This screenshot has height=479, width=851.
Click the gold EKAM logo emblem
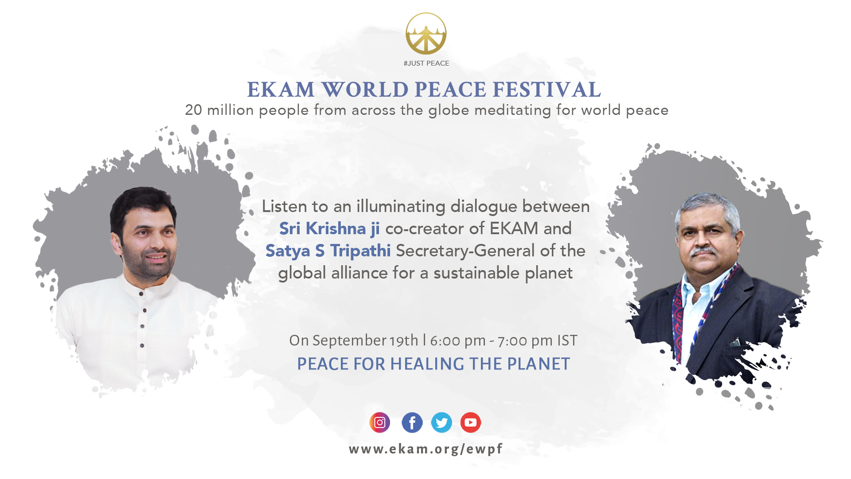(x=426, y=34)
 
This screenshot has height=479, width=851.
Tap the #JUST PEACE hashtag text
(x=426, y=63)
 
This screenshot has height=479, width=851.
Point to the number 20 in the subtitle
(x=193, y=110)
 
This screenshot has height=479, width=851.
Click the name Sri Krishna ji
(x=329, y=228)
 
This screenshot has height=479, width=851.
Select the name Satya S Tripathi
(x=328, y=251)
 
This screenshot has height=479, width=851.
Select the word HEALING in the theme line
(x=427, y=364)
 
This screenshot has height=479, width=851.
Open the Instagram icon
(x=380, y=423)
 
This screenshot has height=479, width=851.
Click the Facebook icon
(x=412, y=423)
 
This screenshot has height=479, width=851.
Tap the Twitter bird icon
(x=441, y=423)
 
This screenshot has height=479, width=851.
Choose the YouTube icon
(x=471, y=423)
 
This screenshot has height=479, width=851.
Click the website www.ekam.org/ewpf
(x=425, y=449)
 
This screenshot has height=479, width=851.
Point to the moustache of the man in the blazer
(x=703, y=251)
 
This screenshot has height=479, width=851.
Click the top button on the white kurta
(x=141, y=294)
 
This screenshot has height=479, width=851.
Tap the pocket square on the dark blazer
(x=735, y=342)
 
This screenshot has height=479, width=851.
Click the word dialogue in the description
(x=484, y=207)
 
